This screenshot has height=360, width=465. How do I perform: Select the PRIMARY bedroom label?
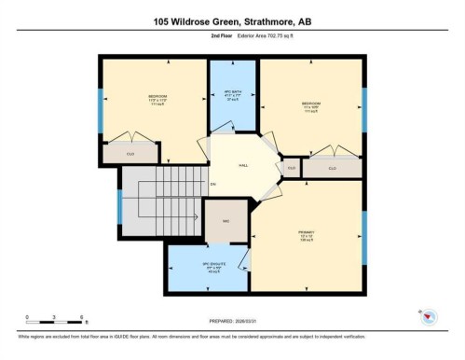tap(307, 231)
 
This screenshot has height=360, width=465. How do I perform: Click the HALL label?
tap(243, 164)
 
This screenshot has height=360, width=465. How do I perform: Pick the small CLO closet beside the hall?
tap(291, 168)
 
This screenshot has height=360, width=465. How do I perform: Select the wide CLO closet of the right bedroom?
tap(332, 168)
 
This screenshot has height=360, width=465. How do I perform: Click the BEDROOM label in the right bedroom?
tap(310, 103)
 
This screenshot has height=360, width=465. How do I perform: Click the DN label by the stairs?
tap(212, 184)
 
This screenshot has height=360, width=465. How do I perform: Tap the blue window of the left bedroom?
tap(101, 112)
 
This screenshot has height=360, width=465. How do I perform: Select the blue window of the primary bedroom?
tap(363, 236)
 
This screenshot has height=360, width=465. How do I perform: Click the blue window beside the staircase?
tap(119, 206)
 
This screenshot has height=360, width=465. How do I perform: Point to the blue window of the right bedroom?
tap(363, 112)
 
